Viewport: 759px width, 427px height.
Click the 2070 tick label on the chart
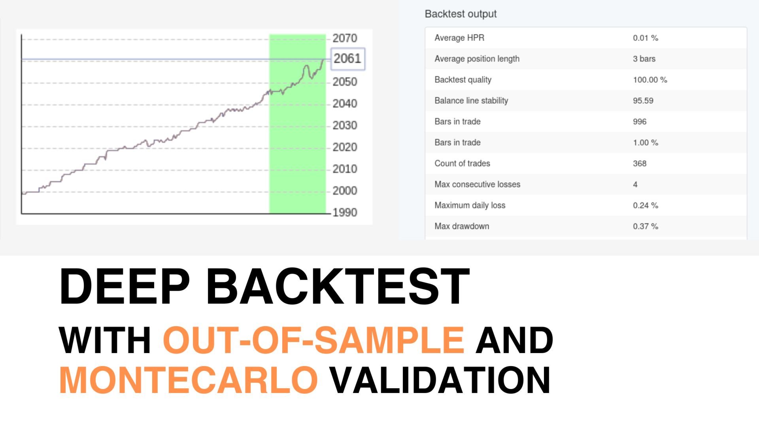tap(345, 38)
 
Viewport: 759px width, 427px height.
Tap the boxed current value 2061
tap(347, 59)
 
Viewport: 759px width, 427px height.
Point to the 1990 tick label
tap(345, 213)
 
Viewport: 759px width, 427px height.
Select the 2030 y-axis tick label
tap(345, 125)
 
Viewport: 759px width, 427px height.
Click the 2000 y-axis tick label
tap(345, 191)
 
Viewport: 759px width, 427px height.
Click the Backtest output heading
tap(461, 14)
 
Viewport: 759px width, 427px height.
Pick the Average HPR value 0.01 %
tap(646, 38)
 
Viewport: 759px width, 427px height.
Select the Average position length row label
tap(477, 59)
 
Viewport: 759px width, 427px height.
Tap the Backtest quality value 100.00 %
tap(650, 80)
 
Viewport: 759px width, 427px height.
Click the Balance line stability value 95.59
tap(643, 101)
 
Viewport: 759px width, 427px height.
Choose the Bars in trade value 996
tap(640, 122)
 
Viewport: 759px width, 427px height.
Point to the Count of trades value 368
tap(640, 164)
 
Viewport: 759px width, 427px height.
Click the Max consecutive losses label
tap(478, 184)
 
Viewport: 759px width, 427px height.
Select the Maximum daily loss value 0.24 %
tap(646, 206)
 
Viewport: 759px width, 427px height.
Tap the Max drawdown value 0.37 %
tap(646, 227)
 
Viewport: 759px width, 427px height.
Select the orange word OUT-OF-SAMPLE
tap(313, 340)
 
